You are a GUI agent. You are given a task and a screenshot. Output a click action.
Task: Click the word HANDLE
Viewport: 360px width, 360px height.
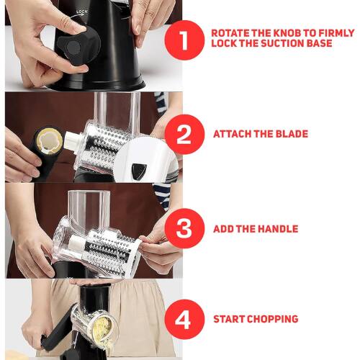tap(282, 230)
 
